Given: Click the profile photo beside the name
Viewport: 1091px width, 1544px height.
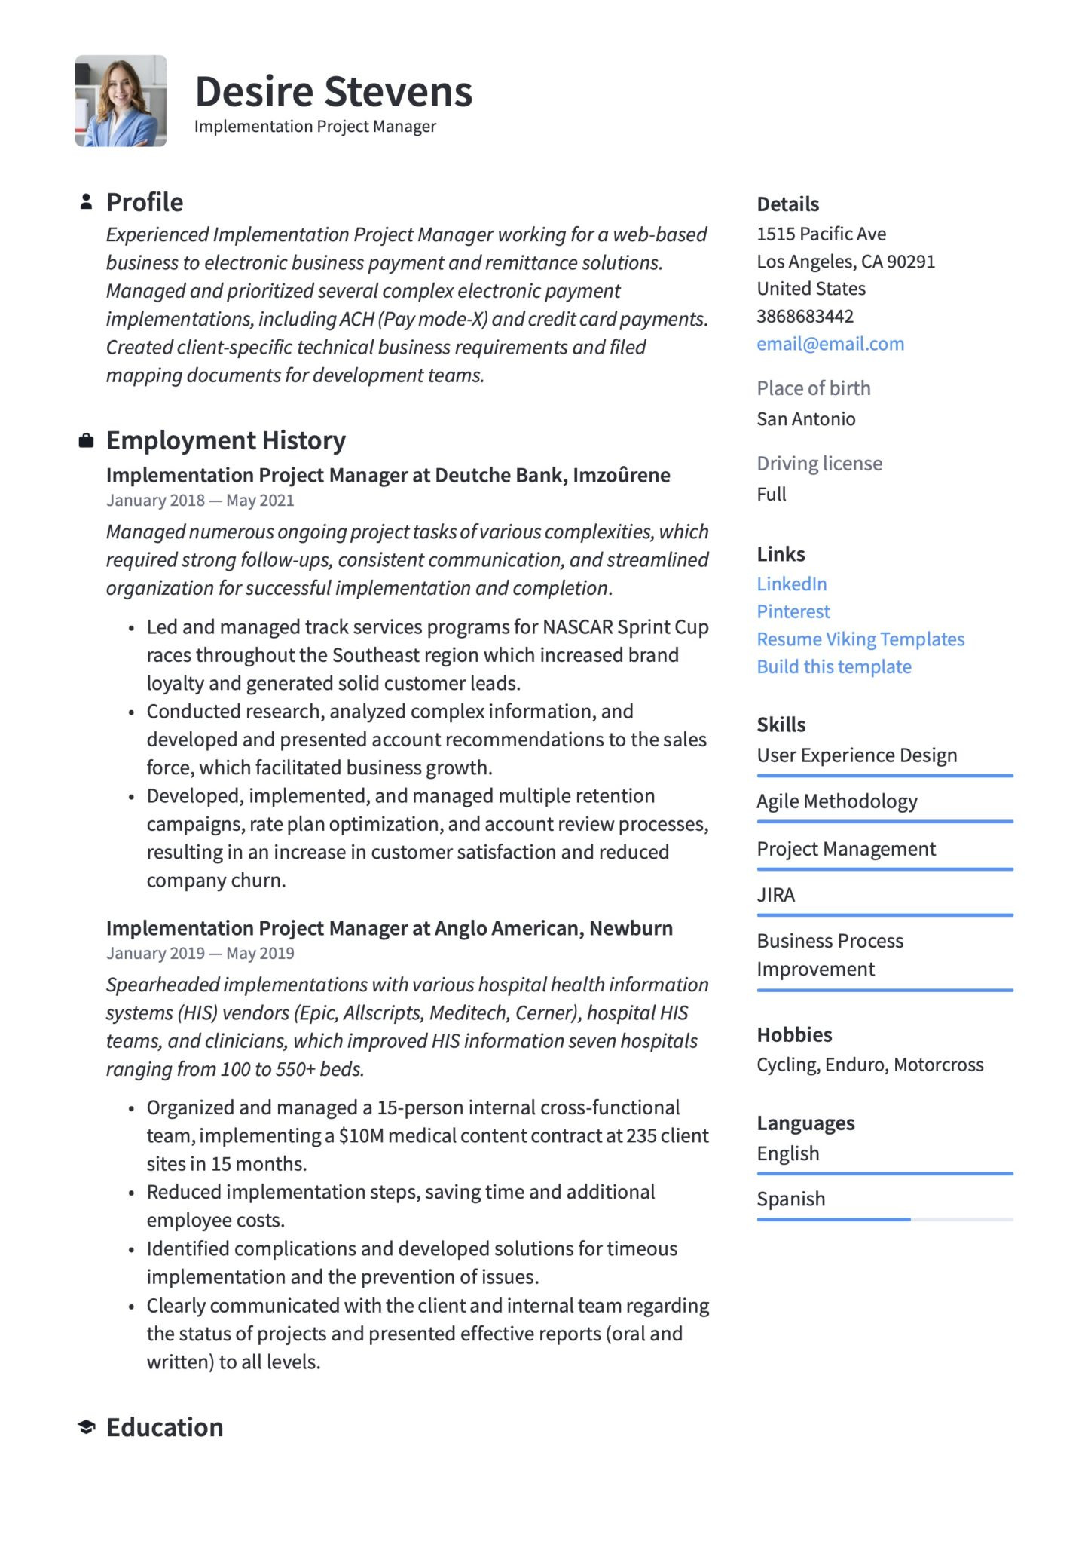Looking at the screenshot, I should pos(121,101).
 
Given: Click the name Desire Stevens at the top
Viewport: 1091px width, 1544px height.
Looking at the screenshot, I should pos(333,92).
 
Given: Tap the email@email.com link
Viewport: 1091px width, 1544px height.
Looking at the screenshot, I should pos(830,344).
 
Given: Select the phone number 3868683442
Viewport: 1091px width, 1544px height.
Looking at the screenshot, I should pos(805,316).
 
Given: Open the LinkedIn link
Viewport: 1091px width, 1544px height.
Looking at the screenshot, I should pos(791,584).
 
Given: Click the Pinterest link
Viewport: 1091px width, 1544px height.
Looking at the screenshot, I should pos(793,611).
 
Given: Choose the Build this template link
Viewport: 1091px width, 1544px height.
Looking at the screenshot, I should pos(833,666).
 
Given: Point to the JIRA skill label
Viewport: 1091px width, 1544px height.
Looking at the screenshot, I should pos(775,895).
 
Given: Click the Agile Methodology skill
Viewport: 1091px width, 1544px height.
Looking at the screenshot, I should pos(836,801).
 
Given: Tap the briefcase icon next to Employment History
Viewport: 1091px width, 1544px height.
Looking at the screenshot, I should pos(87,440).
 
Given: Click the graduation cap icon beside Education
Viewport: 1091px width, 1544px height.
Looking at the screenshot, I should pos(87,1426).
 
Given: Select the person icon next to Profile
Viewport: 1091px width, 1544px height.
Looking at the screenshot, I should pos(87,201).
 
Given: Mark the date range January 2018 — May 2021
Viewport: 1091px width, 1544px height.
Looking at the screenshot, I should pos(200,501).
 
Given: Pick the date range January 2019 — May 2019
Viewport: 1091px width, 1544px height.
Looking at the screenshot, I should pos(200,953).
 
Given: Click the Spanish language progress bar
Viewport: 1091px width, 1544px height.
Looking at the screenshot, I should pos(885,1219).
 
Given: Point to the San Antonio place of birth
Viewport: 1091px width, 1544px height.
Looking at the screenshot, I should pos(805,418).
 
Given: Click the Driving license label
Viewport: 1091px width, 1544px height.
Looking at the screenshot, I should pos(819,463).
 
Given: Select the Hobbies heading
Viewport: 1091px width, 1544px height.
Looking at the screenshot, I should pos(794,1034).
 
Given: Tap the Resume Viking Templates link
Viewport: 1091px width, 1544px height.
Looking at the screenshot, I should pos(860,639).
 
